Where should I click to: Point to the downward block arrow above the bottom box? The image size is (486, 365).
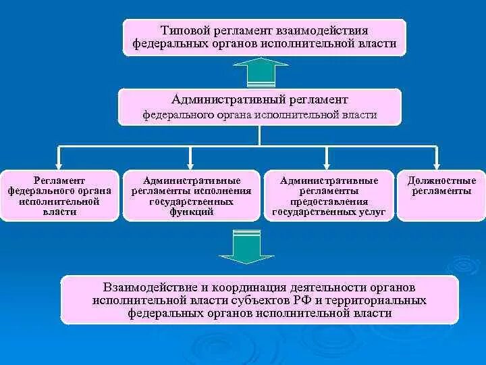pos(247,248)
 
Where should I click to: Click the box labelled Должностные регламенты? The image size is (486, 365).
pos(441,195)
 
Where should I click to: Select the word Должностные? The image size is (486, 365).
pos(441,181)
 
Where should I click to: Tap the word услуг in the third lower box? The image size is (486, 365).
pos(373,212)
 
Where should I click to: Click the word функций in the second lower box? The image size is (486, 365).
pos(192,212)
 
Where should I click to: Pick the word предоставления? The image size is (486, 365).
pos(329,201)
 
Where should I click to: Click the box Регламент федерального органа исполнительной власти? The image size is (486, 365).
pos(59,195)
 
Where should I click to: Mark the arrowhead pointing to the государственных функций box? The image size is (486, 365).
pos(192,163)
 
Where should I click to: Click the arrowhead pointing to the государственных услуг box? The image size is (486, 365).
pos(328,163)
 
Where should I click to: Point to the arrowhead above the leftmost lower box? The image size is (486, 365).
pos(59,163)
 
